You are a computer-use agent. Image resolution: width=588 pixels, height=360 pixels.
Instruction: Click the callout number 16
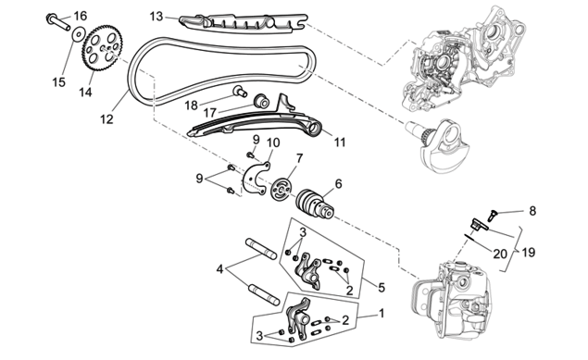[x=80, y=16]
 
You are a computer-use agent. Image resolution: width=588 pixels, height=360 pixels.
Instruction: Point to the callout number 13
[x=156, y=17]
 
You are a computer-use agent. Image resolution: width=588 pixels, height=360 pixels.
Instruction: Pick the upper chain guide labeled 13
[x=243, y=23]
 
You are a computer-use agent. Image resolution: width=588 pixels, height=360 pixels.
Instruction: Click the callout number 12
[x=106, y=119]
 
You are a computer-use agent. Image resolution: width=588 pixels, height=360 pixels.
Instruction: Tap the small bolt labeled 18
[x=239, y=91]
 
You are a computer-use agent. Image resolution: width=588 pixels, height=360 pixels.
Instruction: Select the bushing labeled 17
[x=260, y=101]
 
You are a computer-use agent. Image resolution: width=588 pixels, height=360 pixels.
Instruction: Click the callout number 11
[x=340, y=142]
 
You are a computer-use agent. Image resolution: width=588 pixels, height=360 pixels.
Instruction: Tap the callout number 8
[x=532, y=211]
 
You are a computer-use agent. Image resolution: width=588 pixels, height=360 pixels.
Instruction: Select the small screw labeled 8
[x=492, y=215]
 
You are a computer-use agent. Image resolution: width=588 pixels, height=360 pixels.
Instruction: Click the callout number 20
[x=500, y=254]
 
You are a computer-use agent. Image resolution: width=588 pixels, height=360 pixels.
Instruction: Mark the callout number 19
[x=529, y=252]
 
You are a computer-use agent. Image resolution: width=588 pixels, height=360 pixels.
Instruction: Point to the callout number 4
[x=219, y=269]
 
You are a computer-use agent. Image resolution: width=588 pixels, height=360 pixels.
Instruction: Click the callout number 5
[x=382, y=287]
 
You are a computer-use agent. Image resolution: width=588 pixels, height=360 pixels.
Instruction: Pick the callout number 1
[x=382, y=313]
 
